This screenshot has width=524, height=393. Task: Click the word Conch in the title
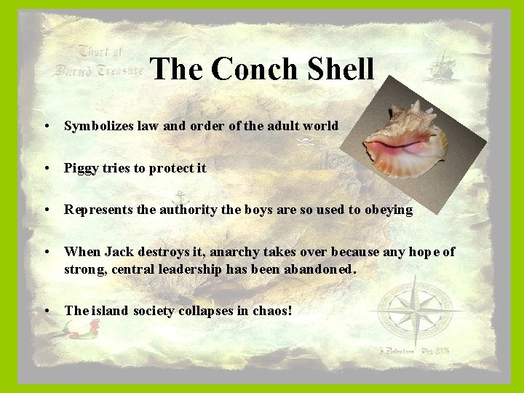tap(250, 70)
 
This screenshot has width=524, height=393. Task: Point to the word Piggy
tap(80, 168)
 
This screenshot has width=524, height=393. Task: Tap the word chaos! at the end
tap(272, 311)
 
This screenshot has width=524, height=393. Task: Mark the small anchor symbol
tap(178, 198)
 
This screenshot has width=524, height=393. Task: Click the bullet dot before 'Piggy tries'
tap(47, 168)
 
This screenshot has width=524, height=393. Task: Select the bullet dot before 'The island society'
tap(47, 311)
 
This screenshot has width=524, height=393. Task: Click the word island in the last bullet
tap(106, 311)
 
